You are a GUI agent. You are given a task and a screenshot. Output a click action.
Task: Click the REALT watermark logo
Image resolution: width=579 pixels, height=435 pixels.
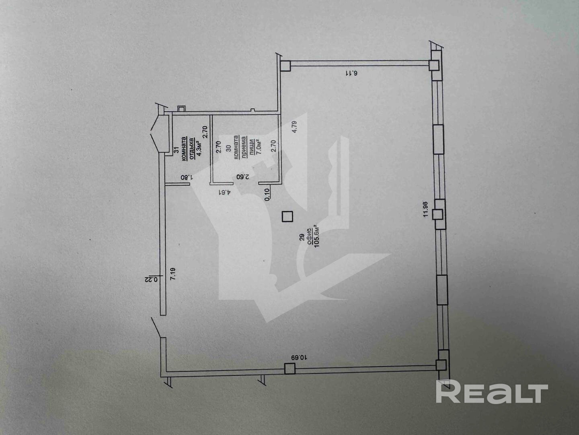tap(492, 393)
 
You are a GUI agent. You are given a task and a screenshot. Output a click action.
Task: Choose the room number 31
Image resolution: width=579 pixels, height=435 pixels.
tap(176, 150)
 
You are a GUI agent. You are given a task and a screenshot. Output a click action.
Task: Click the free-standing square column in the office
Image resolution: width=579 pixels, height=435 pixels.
tap(287, 217)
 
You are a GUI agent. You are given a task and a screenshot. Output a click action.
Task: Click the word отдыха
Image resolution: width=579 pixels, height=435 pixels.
tap(191, 149)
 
